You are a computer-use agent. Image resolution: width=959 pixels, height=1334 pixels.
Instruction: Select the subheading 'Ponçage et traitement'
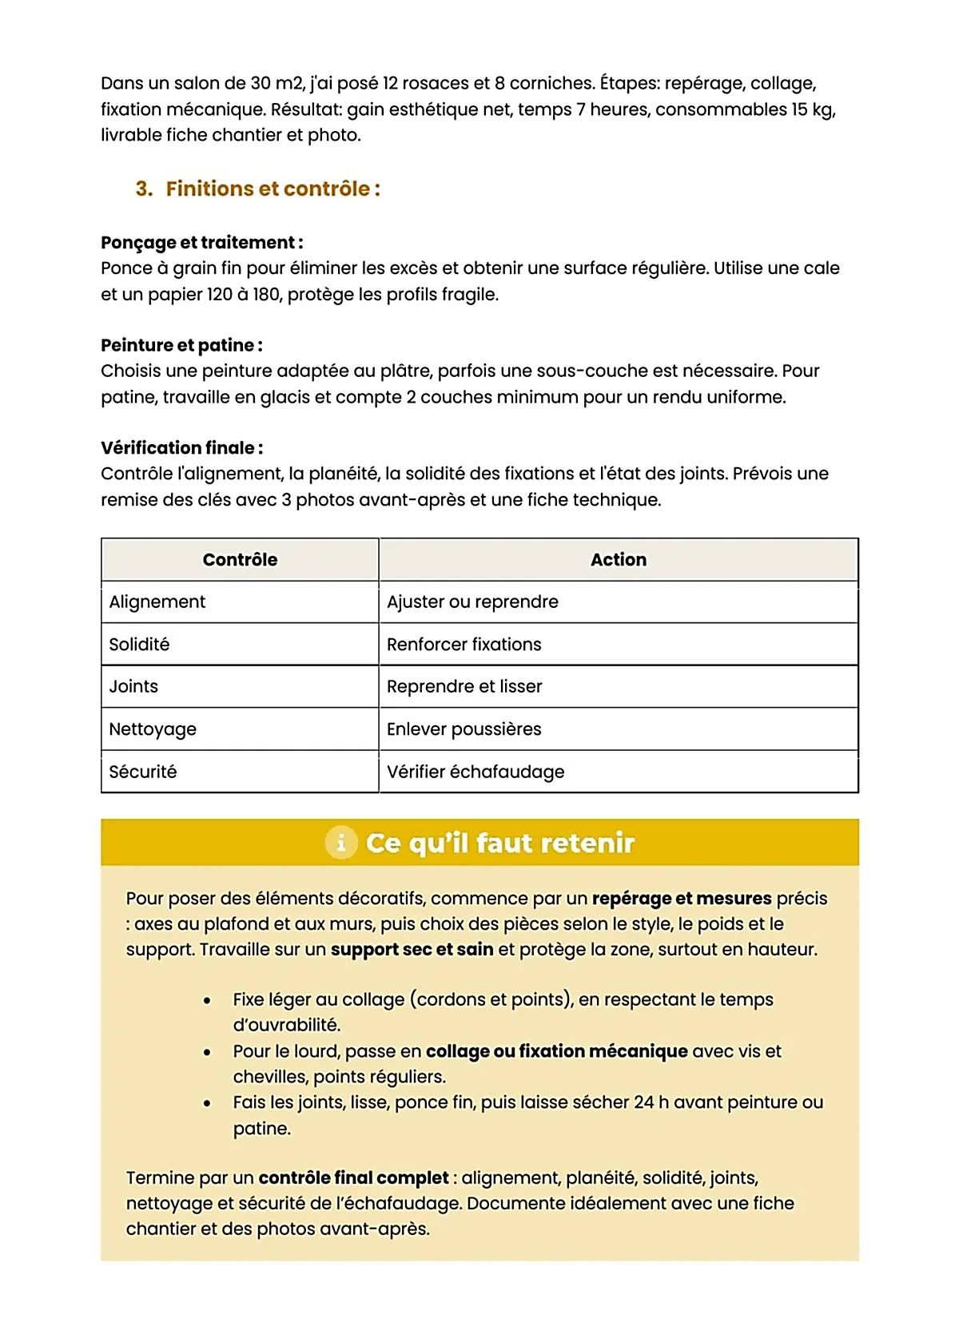pos(201,242)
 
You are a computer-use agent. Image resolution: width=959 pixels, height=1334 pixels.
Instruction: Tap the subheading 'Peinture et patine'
pos(181,345)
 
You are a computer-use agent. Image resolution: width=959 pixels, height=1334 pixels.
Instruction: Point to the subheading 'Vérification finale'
pos(181,447)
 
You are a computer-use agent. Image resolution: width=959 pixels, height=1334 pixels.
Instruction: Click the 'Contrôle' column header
pos(240,559)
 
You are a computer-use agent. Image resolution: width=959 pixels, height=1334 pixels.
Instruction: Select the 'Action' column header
pos(618,559)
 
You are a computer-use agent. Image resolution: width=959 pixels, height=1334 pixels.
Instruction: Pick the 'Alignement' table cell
pos(157,601)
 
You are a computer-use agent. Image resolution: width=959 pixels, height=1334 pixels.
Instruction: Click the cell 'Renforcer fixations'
pos(464,644)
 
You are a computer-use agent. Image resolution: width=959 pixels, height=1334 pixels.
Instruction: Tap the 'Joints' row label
pos(133,686)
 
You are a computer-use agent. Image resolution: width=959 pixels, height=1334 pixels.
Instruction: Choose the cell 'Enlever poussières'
pos(464,729)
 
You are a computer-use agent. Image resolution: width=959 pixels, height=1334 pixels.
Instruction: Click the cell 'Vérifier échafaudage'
pos(476,772)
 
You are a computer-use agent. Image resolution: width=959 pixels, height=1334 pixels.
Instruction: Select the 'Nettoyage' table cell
pos(153,729)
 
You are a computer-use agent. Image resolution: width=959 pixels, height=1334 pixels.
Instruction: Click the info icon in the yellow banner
pos(341,842)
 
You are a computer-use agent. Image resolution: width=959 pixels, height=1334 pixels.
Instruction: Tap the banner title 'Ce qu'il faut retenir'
pos(499,843)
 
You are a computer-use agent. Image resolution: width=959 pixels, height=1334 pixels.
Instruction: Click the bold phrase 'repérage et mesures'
pos(681,898)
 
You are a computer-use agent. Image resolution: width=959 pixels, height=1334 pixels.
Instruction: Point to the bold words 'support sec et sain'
pos(412,949)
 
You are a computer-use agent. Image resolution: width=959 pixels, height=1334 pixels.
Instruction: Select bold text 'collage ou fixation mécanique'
pos(556,1050)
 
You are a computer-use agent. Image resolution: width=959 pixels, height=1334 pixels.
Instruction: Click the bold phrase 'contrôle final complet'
pos(353,1177)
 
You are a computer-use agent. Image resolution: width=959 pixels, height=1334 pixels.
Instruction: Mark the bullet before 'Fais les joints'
pos(207,1103)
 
